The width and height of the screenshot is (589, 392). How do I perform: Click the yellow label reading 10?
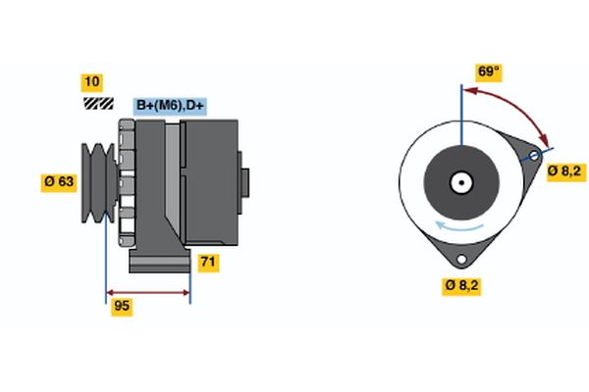91,81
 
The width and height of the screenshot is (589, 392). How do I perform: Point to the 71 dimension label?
208,262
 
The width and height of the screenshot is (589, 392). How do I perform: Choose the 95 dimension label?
122,306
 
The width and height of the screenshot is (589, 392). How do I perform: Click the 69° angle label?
489,72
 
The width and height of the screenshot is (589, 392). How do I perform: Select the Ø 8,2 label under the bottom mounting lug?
460,285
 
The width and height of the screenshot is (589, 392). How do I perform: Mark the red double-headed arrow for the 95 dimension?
147,293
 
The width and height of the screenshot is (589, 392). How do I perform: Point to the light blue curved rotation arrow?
461,226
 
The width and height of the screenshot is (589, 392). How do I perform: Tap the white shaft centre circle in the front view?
460,181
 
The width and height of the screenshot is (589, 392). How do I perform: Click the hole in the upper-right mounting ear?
535,156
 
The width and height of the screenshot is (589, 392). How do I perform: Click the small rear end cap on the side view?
244,182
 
